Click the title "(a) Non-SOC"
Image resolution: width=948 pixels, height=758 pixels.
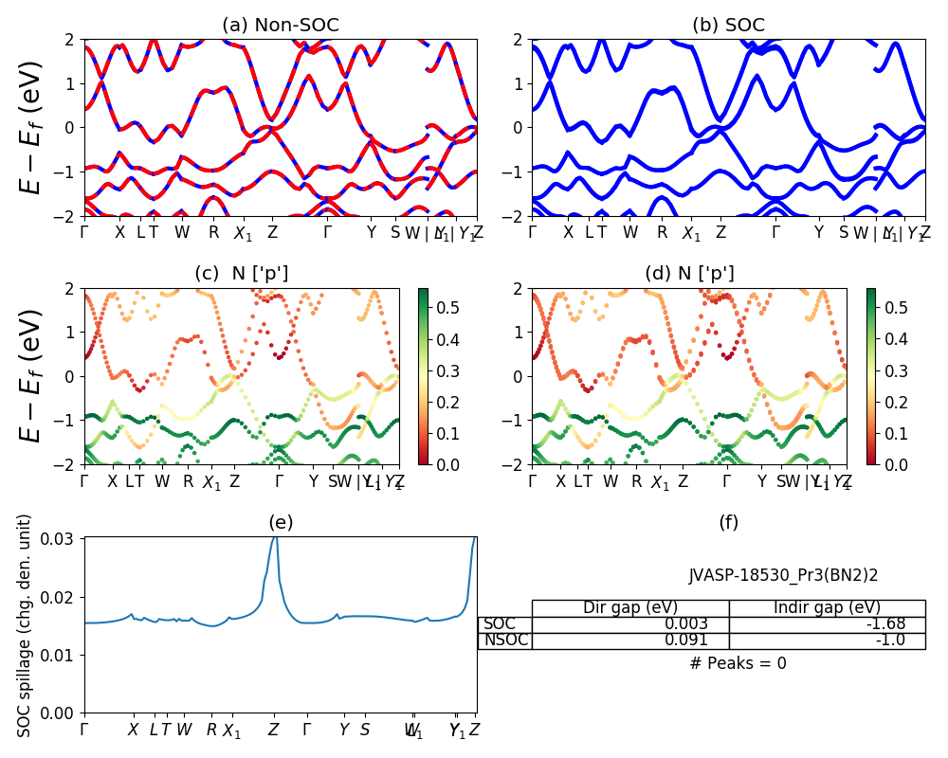[280, 26]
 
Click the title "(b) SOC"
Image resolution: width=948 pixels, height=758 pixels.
[728, 26]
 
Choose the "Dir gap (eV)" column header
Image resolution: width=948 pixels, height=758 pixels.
[630, 608]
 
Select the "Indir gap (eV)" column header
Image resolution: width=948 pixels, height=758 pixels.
[827, 608]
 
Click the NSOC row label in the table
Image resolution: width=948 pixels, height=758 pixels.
[505, 641]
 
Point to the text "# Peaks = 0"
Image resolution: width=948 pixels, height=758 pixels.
[738, 663]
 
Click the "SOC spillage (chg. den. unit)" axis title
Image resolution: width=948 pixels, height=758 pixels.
[25, 625]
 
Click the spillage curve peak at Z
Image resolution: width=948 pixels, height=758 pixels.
[275, 537]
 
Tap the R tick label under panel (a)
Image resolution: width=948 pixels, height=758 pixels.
[213, 232]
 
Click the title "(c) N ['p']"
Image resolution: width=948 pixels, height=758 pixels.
[241, 274]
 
